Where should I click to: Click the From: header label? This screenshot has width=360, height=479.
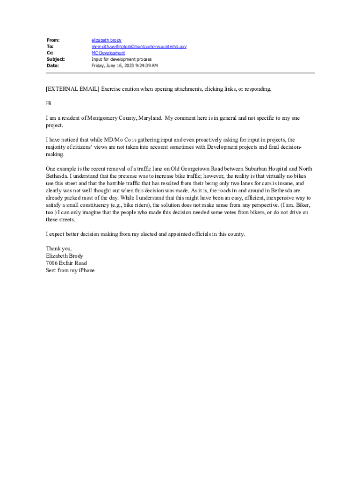53,40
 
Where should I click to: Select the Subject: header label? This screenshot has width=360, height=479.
56,59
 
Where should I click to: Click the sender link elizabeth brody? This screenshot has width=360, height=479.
106,40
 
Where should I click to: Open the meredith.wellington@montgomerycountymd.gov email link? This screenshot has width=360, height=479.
139,47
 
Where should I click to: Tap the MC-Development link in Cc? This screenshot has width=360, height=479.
108,53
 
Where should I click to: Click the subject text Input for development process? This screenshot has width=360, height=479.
122,59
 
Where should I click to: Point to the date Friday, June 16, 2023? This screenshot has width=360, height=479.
113,65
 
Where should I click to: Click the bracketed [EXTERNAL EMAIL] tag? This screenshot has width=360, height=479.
72,89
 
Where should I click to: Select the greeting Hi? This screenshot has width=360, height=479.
49,103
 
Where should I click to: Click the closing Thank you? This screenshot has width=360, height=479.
59,248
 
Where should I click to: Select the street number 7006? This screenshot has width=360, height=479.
51,263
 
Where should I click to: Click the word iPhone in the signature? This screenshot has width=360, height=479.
86,270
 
